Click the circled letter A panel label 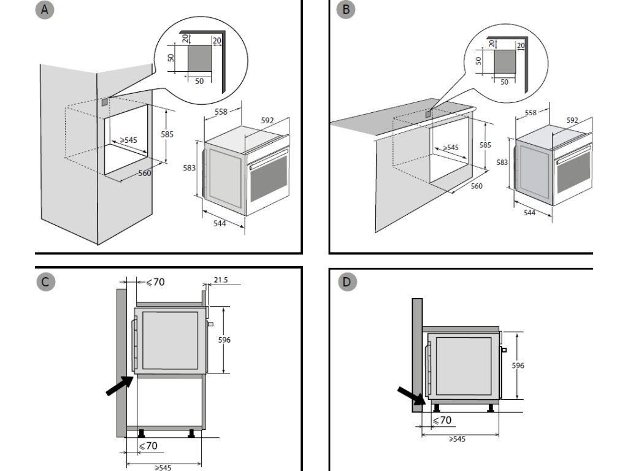(44, 9)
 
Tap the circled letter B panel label (346, 9)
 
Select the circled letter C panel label (45, 282)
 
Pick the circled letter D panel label (347, 282)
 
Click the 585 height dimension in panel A (167, 134)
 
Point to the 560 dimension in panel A (145, 173)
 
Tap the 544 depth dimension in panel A (220, 223)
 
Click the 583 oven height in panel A (189, 168)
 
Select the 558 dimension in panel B (530, 113)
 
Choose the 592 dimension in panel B (573, 120)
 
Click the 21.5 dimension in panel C (221, 280)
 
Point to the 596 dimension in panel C (224, 340)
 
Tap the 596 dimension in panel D (518, 366)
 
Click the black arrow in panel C (120, 385)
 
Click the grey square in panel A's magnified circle (199, 58)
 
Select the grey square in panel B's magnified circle (505, 61)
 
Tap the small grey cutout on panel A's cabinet (104, 102)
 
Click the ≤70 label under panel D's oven (442, 420)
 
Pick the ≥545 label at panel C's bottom (163, 467)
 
